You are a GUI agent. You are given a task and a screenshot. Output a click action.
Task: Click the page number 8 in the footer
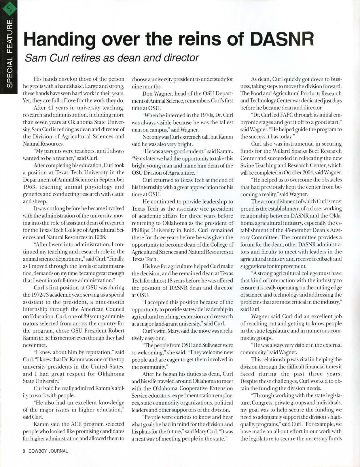tap(24, 451)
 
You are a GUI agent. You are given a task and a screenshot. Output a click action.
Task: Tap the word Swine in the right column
tap(247, 165)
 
